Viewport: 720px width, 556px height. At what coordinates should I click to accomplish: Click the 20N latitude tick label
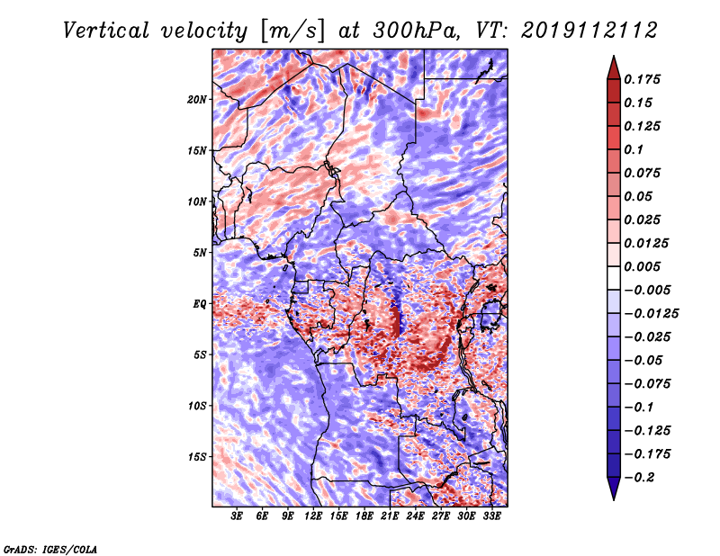pos(197,99)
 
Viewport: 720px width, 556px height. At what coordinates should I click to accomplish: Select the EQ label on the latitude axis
pos(200,304)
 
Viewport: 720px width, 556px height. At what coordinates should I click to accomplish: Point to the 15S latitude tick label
pos(197,457)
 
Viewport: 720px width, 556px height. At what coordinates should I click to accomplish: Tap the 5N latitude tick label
pos(200,253)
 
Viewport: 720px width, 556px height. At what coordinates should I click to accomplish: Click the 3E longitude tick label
pos(238,517)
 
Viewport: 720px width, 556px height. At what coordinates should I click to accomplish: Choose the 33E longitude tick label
pos(492,517)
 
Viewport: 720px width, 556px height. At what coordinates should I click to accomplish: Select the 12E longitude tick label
pos(314,517)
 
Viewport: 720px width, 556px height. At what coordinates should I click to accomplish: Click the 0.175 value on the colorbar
pos(643,79)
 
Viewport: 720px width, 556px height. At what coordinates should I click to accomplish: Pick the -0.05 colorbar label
pos(643,360)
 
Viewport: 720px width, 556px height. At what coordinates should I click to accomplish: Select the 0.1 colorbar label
pos(634,149)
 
